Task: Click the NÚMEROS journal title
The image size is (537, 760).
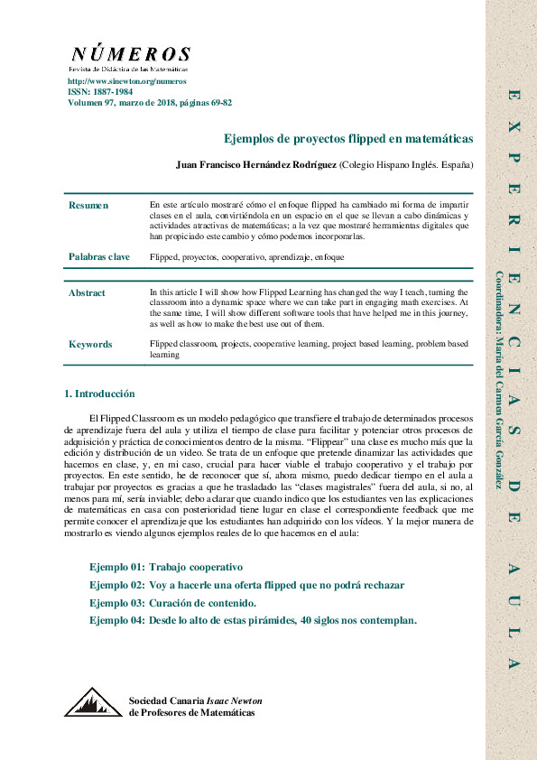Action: [x=130, y=54]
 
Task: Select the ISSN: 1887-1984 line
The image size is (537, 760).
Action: [x=100, y=92]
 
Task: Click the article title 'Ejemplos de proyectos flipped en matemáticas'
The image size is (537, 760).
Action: [x=348, y=139]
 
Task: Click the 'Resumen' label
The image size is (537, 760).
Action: [x=88, y=206]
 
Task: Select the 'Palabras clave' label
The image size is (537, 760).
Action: [x=98, y=257]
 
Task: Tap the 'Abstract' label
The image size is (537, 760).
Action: [x=87, y=293]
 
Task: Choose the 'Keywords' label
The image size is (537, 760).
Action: [x=90, y=345]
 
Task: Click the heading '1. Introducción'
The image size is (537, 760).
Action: [x=99, y=394]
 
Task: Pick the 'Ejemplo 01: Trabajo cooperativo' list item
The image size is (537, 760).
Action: [x=166, y=568]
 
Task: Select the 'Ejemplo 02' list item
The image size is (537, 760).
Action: [x=246, y=586]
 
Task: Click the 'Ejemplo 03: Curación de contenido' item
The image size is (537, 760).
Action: [x=173, y=603]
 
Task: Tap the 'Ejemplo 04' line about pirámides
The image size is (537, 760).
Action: [x=253, y=621]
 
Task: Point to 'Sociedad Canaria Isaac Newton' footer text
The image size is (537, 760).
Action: [x=191, y=701]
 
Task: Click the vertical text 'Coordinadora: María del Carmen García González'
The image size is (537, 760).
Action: [x=499, y=379]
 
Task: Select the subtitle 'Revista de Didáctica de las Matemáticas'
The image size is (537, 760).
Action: [x=128, y=69]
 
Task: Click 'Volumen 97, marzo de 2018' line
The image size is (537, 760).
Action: [x=149, y=103]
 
